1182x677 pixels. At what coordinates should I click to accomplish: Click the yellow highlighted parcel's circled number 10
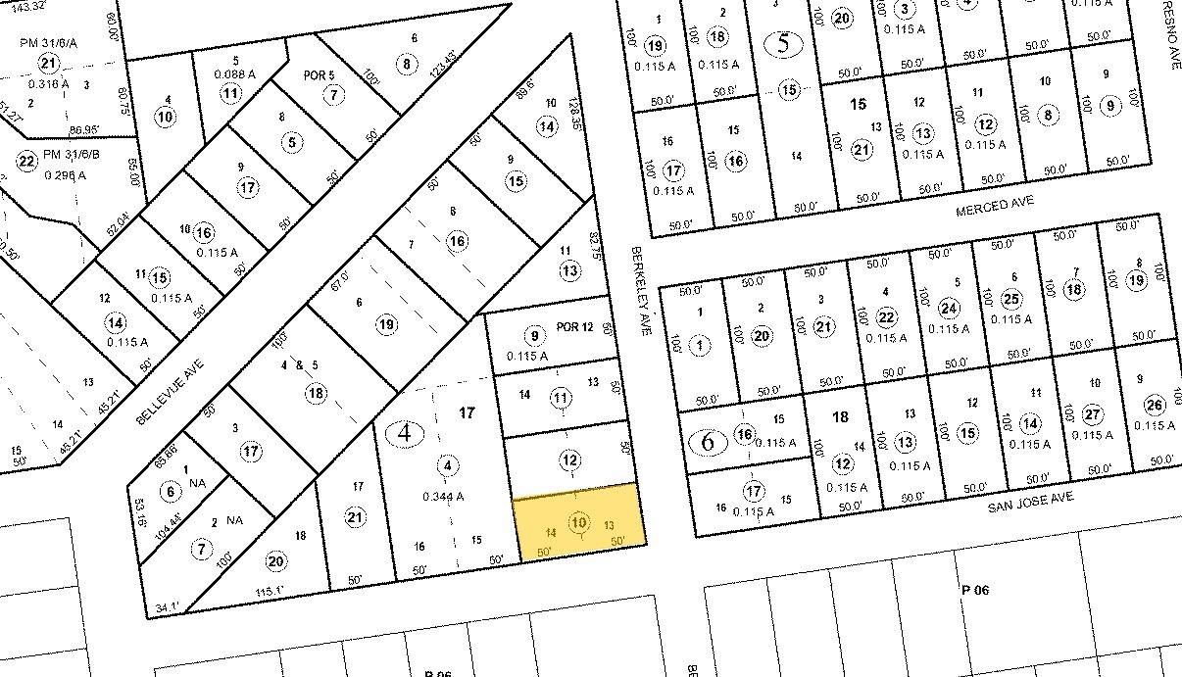point(579,522)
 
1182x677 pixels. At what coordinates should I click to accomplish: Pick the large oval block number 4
point(404,431)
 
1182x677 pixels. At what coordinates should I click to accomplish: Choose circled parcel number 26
point(1155,406)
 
